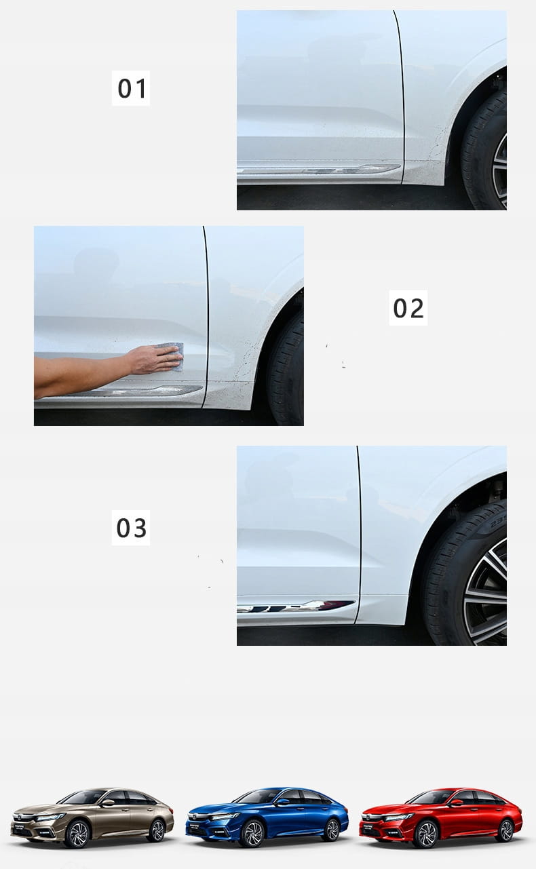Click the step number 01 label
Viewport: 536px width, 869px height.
coord(131,88)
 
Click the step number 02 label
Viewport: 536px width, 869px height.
coord(408,307)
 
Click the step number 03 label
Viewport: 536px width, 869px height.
coord(131,528)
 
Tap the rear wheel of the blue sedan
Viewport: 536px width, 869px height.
coord(332,830)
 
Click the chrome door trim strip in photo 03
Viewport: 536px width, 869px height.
coord(296,606)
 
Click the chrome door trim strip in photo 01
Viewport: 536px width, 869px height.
coord(318,169)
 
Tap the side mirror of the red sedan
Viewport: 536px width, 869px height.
coord(457,803)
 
